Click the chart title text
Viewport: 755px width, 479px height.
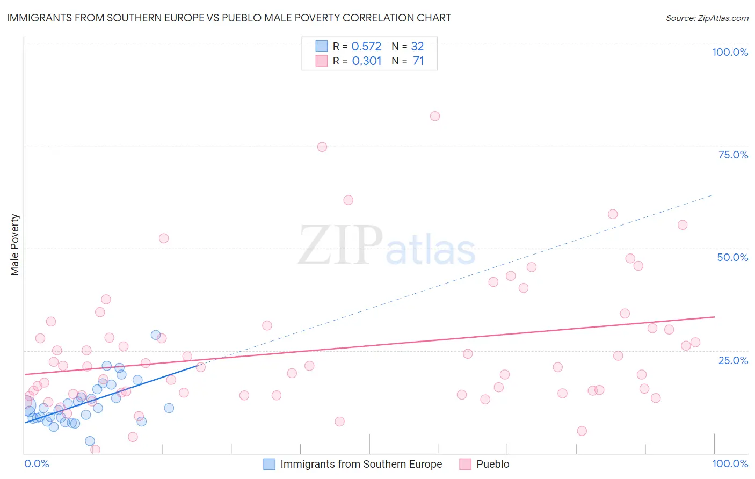(229, 18)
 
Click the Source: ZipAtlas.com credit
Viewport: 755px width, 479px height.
(707, 18)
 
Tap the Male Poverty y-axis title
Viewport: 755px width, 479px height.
(15, 245)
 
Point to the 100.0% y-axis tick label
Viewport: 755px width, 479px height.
(730, 52)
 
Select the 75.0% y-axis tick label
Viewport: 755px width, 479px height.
(733, 155)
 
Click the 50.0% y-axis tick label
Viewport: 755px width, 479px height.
(732, 257)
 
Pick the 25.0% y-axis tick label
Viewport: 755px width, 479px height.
(733, 360)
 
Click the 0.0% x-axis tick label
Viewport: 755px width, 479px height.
(37, 463)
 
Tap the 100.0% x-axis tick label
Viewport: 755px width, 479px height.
(730, 463)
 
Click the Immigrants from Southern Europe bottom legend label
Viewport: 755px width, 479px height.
(361, 464)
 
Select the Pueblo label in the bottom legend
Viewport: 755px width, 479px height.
(492, 464)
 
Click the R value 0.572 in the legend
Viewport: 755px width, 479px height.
(366, 47)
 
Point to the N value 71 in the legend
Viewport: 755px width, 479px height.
(418, 61)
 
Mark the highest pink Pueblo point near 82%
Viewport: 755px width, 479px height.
(435, 116)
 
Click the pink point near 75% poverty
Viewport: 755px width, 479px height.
(322, 147)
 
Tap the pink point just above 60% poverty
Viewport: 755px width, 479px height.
(348, 200)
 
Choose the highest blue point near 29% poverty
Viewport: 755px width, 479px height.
(156, 335)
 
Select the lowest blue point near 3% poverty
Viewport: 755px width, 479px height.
(90, 441)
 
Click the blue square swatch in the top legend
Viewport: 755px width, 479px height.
(321, 46)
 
